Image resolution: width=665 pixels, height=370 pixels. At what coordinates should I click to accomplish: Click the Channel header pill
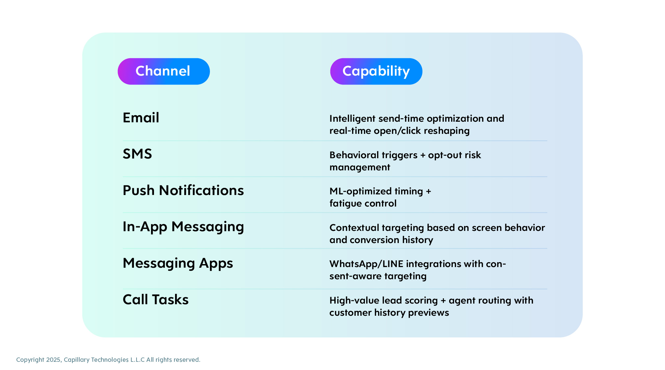[x=164, y=71]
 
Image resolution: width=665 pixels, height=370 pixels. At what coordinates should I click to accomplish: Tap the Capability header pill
[x=376, y=71]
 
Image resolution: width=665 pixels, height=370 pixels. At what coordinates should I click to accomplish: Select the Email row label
[x=141, y=118]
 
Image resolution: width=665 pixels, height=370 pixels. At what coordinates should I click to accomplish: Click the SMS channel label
[x=137, y=154]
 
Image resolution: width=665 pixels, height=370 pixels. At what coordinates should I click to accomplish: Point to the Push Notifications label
[x=183, y=190]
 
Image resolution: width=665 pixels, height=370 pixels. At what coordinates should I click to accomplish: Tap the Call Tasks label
[x=156, y=300]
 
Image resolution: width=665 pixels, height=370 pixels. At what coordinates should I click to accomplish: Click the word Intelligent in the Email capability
[x=352, y=119]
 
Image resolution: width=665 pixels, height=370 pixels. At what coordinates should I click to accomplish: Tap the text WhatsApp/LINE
[x=366, y=264]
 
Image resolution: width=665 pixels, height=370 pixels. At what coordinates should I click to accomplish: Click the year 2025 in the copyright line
[x=53, y=360]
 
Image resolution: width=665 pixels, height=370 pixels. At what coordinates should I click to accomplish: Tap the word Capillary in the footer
[x=76, y=360]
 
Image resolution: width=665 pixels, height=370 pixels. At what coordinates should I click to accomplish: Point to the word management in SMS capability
[x=360, y=167]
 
